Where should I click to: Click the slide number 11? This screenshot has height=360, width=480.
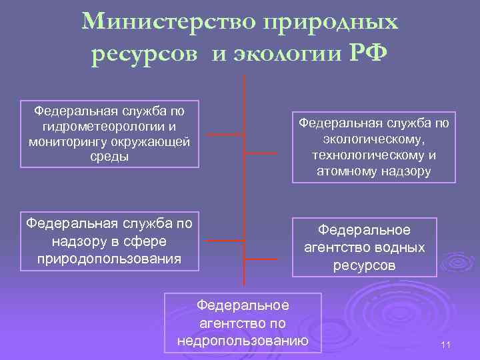pos(446,345)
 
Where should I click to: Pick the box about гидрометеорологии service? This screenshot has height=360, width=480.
pos(110,134)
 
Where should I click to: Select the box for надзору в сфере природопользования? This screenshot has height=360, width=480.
pos(109,241)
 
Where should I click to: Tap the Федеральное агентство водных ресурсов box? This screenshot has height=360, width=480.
pos(364,247)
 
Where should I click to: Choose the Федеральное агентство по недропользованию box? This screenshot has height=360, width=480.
pos(243,323)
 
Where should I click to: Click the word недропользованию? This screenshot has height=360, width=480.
pos(243,341)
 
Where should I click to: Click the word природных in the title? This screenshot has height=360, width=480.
pos(331,23)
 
